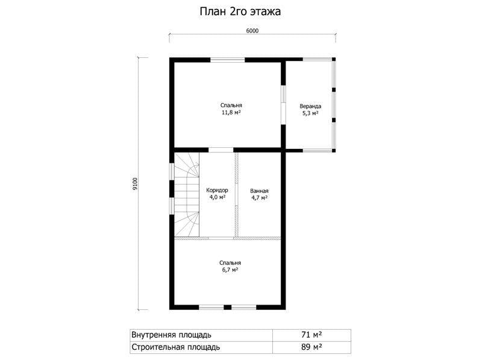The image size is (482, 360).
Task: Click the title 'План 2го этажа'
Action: (x=240, y=11)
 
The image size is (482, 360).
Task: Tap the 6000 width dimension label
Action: (x=252, y=31)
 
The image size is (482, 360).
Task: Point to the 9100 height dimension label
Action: (x=135, y=184)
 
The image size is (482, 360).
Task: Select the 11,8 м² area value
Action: (x=231, y=113)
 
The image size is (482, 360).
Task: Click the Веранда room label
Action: (x=310, y=106)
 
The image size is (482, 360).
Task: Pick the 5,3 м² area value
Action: (x=310, y=113)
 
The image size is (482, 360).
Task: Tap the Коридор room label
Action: (x=217, y=190)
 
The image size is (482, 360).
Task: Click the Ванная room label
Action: (x=259, y=191)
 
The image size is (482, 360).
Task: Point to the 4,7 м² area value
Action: (x=260, y=198)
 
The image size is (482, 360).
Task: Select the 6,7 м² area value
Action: (x=230, y=270)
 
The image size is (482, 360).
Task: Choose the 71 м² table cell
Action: (x=311, y=335)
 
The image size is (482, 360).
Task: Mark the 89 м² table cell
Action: (x=311, y=347)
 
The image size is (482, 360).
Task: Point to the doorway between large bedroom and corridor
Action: (x=221, y=150)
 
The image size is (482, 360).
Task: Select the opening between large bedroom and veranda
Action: (x=284, y=104)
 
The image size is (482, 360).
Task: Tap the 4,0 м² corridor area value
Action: (x=218, y=197)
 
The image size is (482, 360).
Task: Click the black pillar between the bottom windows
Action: (x=228, y=307)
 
